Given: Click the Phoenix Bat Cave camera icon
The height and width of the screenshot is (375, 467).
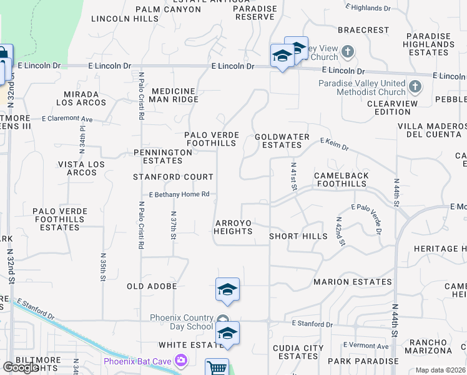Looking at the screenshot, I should click(x=182, y=361).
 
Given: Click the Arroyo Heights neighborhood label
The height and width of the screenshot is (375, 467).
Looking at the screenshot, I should click(x=234, y=227).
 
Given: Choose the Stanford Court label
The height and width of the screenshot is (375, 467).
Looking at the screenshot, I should click(x=165, y=177).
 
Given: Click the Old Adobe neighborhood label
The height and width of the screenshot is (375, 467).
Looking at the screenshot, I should click(x=152, y=286).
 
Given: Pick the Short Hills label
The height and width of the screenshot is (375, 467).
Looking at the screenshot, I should click(x=298, y=236).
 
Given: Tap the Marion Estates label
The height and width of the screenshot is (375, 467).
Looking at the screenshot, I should click(x=351, y=282).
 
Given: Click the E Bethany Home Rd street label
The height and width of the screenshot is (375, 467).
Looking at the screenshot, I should click(x=179, y=194).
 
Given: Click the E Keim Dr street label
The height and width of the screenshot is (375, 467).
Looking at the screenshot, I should click(x=335, y=144).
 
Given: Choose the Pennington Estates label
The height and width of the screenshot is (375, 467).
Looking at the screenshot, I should click(x=163, y=156).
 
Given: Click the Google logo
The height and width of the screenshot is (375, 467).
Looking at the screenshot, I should click(x=21, y=367).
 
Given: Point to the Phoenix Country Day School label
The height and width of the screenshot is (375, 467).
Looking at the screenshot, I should click(x=181, y=322).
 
